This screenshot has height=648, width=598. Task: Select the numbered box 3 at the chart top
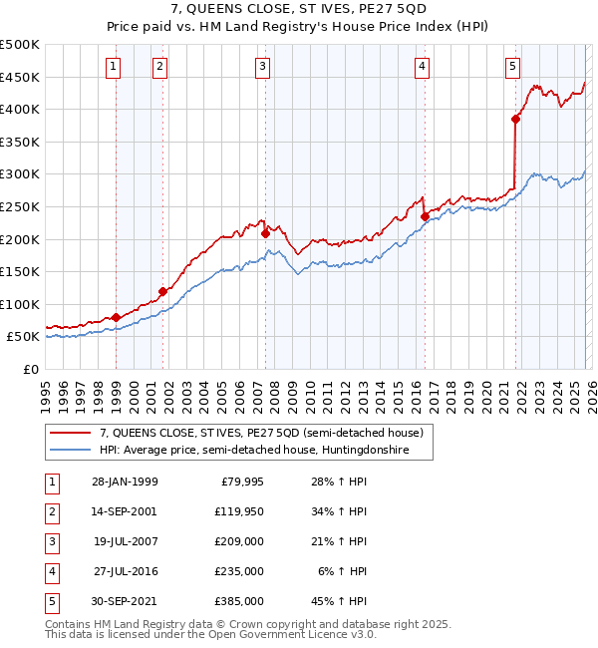(x=262, y=67)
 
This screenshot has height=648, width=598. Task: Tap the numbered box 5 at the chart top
(x=512, y=67)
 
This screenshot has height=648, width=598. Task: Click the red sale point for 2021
(x=515, y=120)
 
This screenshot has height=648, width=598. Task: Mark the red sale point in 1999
(x=117, y=317)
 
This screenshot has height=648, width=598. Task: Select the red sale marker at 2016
(x=425, y=216)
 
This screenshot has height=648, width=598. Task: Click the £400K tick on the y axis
(x=20, y=110)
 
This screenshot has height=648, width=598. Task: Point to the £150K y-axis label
(x=20, y=271)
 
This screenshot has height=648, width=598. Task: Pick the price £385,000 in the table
(x=240, y=601)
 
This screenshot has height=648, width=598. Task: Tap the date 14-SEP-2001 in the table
(x=124, y=511)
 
